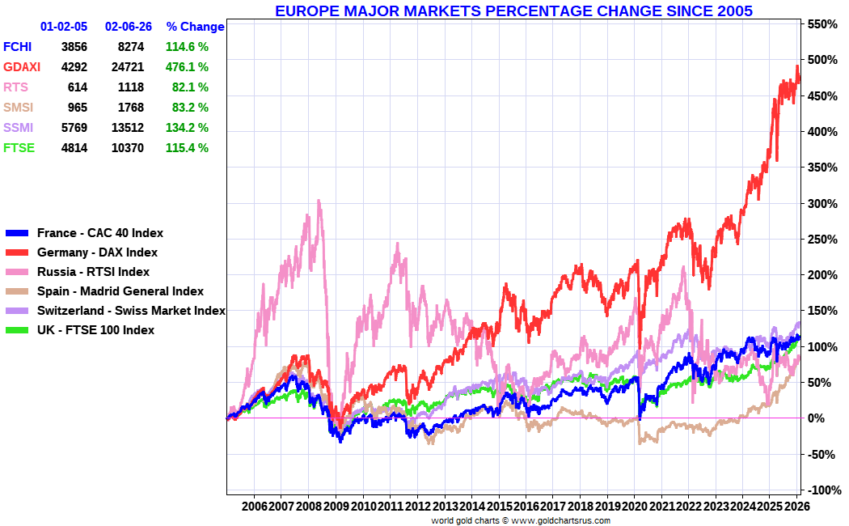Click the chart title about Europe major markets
tap(513, 11)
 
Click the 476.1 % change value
tap(187, 67)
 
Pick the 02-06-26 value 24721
tap(125, 67)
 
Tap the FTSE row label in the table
tap(19, 148)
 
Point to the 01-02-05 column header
tap(64, 27)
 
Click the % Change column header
tap(195, 27)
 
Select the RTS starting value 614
tap(78, 87)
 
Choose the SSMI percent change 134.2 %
tap(187, 128)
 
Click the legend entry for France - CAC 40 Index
tap(99, 233)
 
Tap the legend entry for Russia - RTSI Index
tap(93, 272)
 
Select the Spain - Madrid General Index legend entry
tap(120, 291)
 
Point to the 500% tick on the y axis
tap(821, 61)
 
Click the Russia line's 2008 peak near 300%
tap(319, 201)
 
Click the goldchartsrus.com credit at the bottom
tap(561, 520)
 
